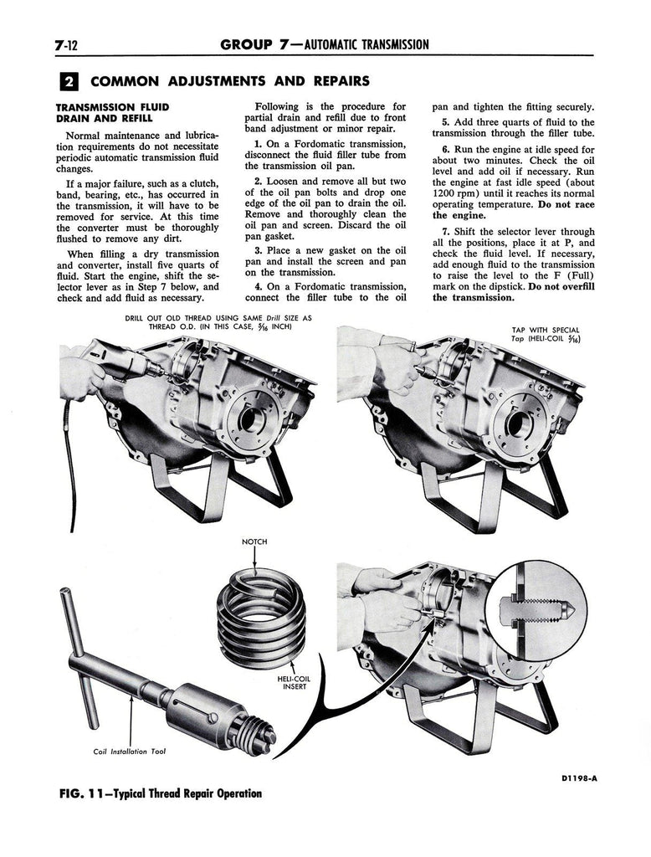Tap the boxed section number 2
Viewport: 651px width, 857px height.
[x=69, y=82]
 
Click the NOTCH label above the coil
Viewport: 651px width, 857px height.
[x=254, y=542]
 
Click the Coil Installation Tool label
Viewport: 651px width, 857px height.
[x=129, y=751]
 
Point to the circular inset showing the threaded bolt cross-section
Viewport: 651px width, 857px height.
[x=536, y=608]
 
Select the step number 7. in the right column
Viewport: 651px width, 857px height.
[x=446, y=232]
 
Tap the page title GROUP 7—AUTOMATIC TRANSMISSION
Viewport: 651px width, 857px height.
[x=325, y=44]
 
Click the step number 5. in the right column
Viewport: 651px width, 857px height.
[x=446, y=122]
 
